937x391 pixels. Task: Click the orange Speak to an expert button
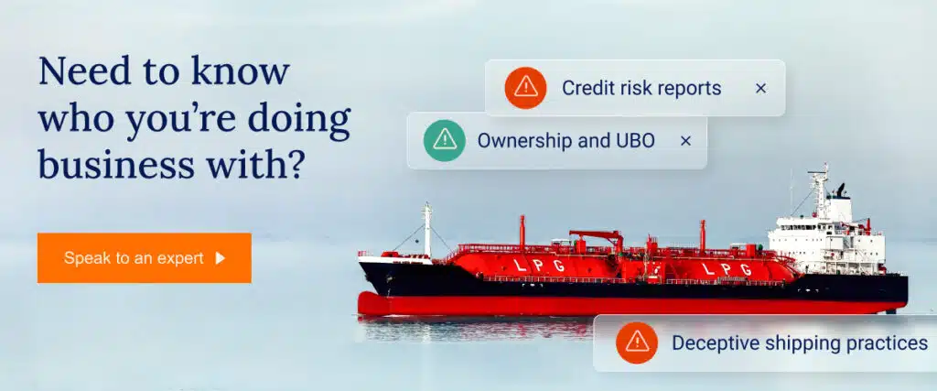pyautogui.click(x=144, y=257)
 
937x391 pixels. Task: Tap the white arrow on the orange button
pyautogui.click(x=221, y=258)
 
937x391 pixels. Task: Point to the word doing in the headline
pyautogui.click(x=299, y=120)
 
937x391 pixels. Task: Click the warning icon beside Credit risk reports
pyautogui.click(x=525, y=88)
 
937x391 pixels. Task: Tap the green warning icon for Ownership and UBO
pyautogui.click(x=445, y=140)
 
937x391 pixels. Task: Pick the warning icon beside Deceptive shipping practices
pyautogui.click(x=637, y=342)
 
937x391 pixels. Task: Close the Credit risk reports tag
pyautogui.click(x=760, y=89)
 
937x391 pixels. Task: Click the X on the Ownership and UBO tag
pyautogui.click(x=686, y=141)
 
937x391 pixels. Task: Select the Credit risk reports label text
pyautogui.click(x=641, y=89)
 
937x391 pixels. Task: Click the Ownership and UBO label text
pyautogui.click(x=565, y=141)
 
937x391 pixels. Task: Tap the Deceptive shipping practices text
pyautogui.click(x=800, y=343)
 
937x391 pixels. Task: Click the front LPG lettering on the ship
pyautogui.click(x=539, y=266)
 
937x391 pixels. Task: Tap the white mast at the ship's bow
pyautogui.click(x=427, y=229)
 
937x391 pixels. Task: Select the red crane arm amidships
pyautogui.click(x=596, y=235)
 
